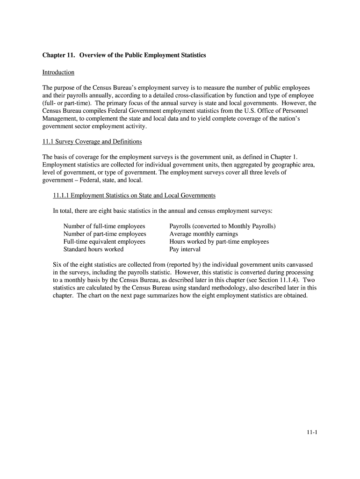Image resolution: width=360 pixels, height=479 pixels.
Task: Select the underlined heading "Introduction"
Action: [x=58, y=73]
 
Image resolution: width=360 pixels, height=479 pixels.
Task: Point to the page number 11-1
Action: [x=312, y=432]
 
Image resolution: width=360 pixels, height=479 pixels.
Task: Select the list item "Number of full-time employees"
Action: [x=104, y=226]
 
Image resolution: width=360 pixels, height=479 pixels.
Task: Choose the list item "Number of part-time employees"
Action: [x=105, y=234]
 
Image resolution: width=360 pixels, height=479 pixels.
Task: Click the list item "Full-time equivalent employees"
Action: [x=104, y=242]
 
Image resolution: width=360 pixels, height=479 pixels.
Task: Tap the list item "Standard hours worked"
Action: [x=94, y=249]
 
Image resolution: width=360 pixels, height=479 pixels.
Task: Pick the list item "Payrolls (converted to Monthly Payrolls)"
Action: [x=223, y=226]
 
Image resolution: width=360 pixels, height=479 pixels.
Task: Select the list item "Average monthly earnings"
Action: [x=203, y=234]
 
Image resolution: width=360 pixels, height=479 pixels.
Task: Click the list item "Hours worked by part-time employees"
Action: [x=219, y=242]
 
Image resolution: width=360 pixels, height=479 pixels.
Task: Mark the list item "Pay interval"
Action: [x=185, y=249]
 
